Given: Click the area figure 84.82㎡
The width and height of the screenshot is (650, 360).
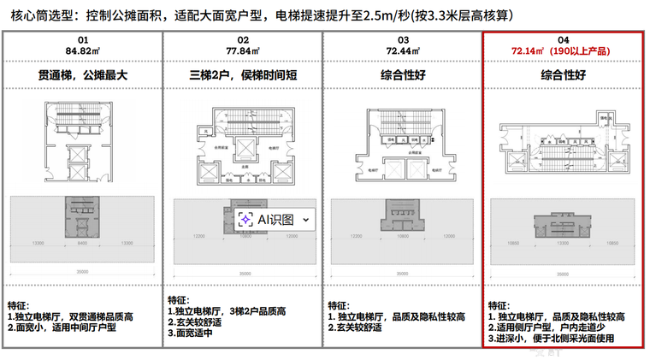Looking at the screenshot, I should [x=83, y=50].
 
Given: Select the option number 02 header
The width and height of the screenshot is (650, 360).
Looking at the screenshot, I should [x=243, y=40].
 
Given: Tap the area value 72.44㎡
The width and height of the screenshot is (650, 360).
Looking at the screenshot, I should [x=403, y=50].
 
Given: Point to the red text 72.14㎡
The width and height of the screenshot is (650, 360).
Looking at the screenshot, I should [x=528, y=50].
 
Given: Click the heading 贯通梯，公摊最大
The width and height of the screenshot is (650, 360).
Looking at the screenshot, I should [x=83, y=76].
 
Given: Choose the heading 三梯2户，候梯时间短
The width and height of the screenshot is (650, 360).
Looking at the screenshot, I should [x=243, y=76].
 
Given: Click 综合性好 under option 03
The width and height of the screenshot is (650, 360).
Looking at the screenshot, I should [x=403, y=76].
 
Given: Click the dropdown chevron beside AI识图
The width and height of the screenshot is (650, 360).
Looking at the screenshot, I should [x=306, y=220].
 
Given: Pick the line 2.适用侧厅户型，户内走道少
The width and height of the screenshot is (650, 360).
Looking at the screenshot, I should [x=556, y=328].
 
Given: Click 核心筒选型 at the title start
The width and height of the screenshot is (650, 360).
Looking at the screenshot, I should [x=37, y=15].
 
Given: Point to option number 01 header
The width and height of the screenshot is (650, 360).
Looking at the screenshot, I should [x=83, y=40].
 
